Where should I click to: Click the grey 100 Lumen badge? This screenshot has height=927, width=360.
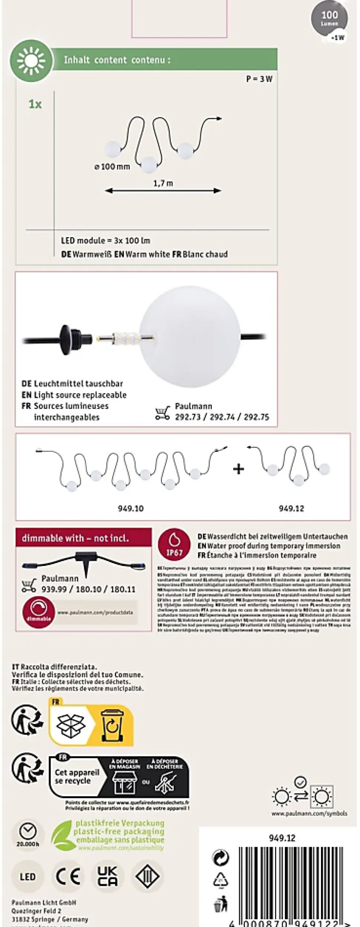(x=329, y=19)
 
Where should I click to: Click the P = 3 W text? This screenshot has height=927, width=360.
(x=259, y=79)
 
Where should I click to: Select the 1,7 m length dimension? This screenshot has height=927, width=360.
(x=163, y=183)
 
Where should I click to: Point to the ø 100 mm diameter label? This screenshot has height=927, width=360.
(x=112, y=167)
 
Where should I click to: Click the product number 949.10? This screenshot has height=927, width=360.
(x=131, y=508)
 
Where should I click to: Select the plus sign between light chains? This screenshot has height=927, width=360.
(x=239, y=469)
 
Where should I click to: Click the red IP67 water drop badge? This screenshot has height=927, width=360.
(x=174, y=544)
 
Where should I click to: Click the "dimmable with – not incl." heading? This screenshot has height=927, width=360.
(x=76, y=538)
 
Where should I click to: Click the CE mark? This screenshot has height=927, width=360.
(x=68, y=877)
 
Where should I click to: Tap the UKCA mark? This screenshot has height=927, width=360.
(x=108, y=877)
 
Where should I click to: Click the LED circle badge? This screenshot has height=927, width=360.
(x=28, y=877)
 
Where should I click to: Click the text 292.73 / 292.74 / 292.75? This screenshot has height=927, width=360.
(x=222, y=417)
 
